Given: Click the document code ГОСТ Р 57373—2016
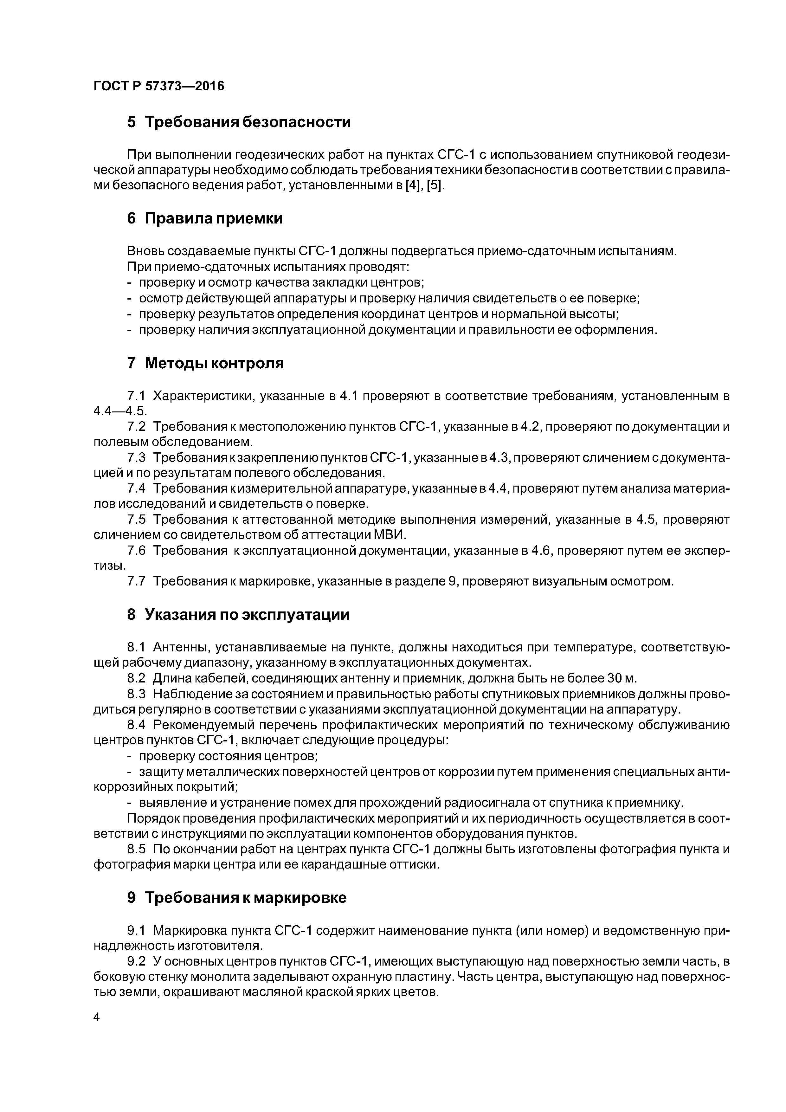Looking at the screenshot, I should point(159,86).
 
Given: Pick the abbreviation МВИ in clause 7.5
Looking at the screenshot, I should point(391,535).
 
